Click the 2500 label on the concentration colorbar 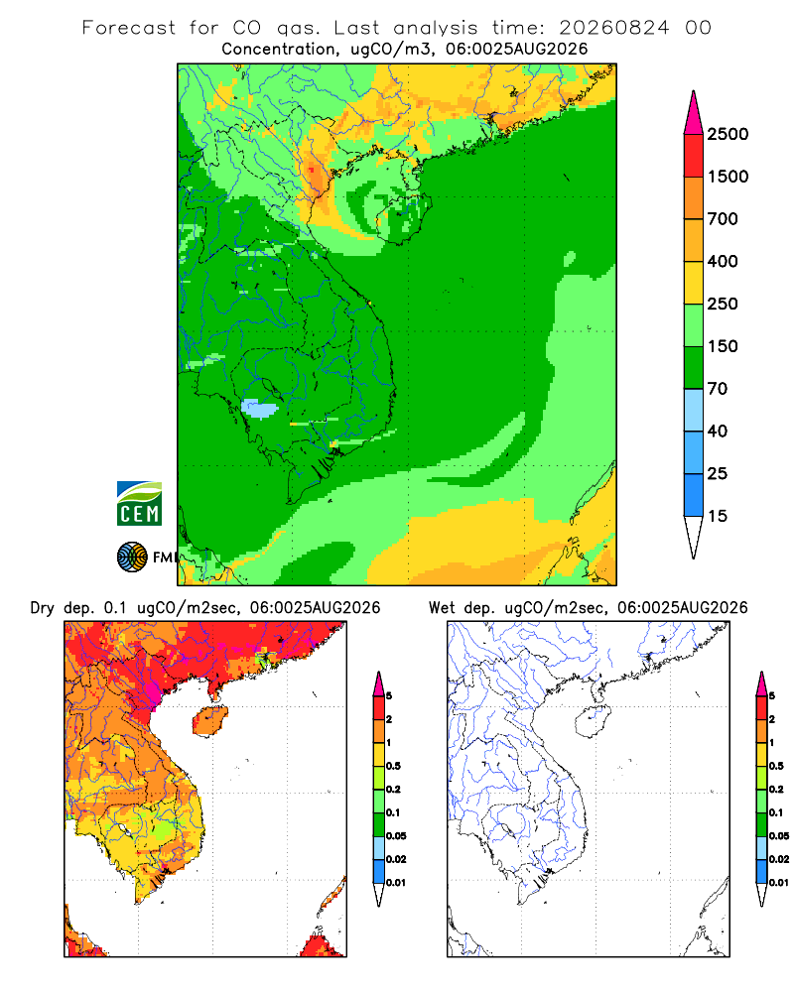tap(728, 134)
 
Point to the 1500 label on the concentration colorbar tap(728, 177)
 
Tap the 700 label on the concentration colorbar tap(723, 219)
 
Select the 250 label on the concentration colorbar tap(723, 304)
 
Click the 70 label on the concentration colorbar tap(718, 389)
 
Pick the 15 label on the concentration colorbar tap(718, 516)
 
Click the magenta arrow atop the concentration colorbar tap(694, 113)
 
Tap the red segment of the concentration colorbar tap(694, 155)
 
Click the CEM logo tap(139, 504)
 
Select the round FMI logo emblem tap(132, 558)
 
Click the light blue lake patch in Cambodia tap(260, 409)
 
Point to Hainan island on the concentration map tap(403, 219)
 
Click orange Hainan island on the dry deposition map tap(209, 721)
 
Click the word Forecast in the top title tap(129, 28)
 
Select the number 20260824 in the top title tap(613, 28)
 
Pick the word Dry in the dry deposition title tap(43, 608)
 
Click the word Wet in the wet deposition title tap(442, 607)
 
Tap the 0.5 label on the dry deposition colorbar tap(393, 766)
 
